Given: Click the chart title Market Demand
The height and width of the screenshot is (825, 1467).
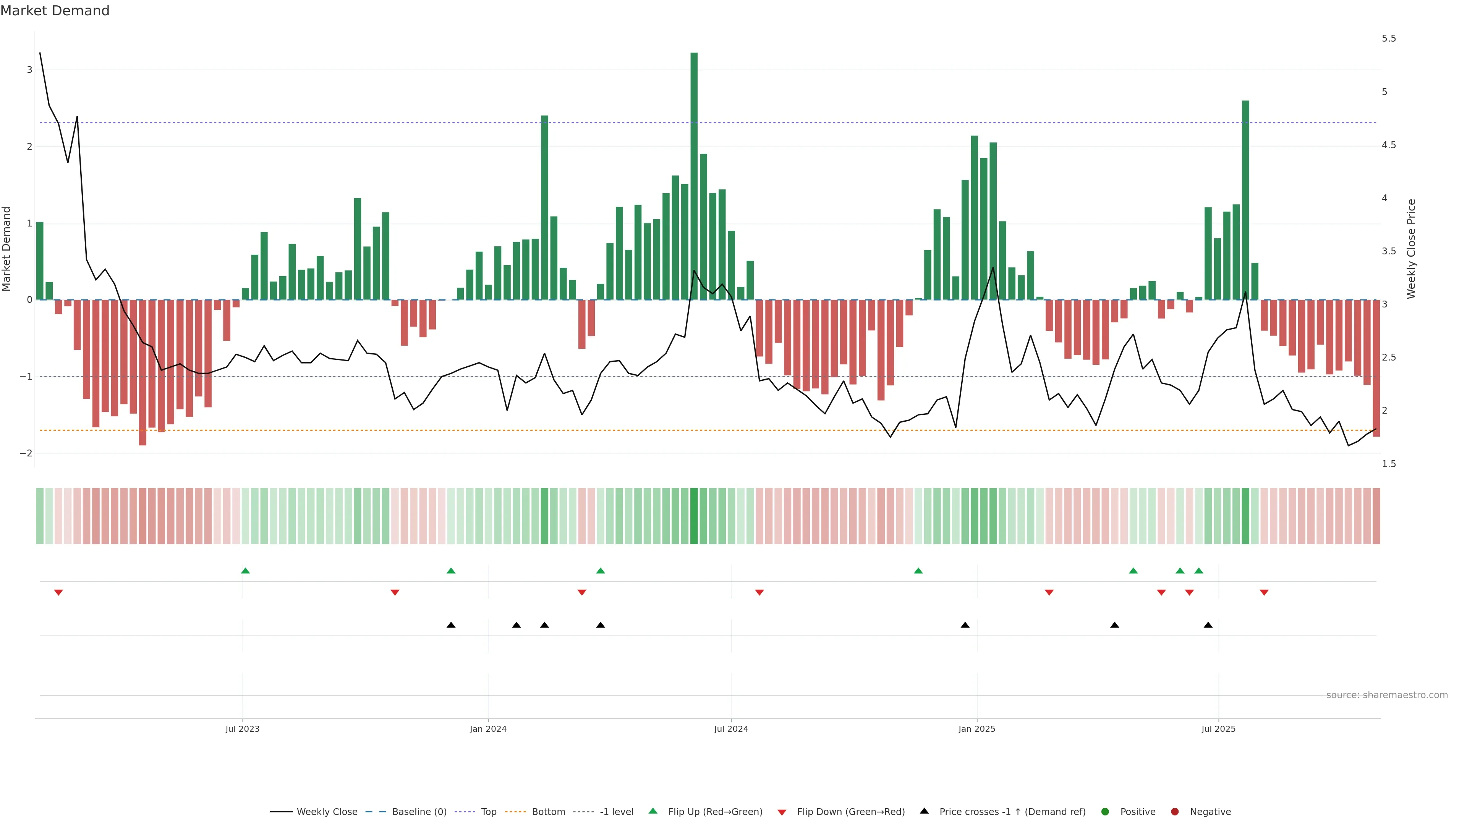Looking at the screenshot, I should click(55, 11).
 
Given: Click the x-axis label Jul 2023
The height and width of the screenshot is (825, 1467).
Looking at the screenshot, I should click(242, 729).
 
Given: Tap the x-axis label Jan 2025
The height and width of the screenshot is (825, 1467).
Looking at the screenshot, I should click(977, 729).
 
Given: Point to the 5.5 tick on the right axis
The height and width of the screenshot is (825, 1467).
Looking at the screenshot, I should click(1388, 39).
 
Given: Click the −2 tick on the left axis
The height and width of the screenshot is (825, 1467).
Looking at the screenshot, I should click(26, 453).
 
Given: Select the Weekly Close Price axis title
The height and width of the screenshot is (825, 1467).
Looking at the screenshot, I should click(1410, 249).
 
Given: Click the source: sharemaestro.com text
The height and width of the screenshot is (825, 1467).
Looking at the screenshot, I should click(1387, 695).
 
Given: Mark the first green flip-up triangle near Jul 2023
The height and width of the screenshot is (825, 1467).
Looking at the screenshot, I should click(245, 571).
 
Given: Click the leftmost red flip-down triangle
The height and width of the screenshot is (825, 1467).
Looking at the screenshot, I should click(58, 593).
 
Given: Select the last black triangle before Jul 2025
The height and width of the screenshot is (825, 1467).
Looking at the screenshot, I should click(1208, 625).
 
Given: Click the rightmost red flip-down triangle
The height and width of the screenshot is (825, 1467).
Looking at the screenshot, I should click(1264, 593).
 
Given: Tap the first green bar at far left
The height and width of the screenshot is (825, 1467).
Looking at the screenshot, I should click(40, 261).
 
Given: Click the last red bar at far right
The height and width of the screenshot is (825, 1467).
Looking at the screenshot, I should click(1376, 368).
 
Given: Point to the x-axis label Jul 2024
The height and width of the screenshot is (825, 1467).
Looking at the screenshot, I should click(731, 729).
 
